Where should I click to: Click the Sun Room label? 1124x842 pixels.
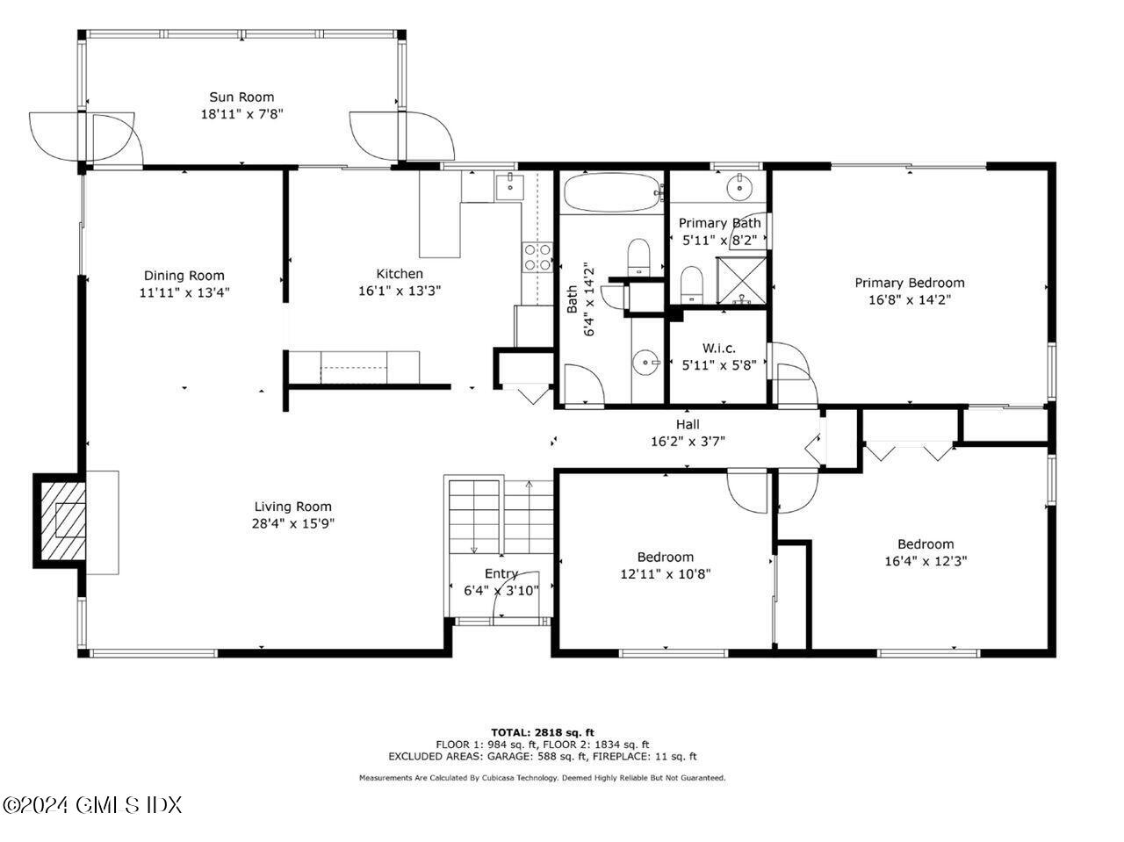[241, 97]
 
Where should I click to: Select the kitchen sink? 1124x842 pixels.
[510, 187]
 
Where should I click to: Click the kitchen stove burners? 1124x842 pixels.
[537, 256]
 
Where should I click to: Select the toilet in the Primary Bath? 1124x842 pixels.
[692, 284]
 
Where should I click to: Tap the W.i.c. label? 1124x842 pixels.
[719, 349]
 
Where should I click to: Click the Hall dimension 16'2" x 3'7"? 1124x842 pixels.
[688, 442]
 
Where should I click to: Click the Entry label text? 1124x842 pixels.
[500, 574]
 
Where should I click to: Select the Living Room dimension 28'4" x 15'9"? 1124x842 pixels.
[293, 523]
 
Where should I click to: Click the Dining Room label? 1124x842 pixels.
[184, 276]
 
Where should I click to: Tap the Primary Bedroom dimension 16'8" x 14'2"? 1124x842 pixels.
[910, 299]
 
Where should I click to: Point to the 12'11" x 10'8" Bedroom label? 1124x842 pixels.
[665, 557]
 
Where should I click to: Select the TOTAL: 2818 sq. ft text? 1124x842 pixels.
[543, 731]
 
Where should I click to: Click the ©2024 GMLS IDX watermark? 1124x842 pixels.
[92, 804]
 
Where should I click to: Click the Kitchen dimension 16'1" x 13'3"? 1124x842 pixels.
[400, 290]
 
